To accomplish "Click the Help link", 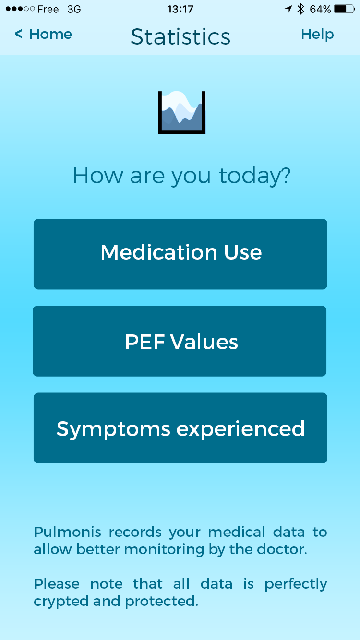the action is (x=317, y=35).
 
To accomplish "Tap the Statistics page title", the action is (x=180, y=36).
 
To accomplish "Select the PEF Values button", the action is (x=180, y=341).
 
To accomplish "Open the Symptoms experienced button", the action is (x=180, y=428).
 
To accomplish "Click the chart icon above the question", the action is (x=181, y=113).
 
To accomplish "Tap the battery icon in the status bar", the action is (x=344, y=9).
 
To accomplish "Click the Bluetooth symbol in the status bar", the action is (x=300, y=9).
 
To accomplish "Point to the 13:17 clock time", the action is (x=180, y=9).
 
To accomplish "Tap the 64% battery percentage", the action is (x=320, y=9).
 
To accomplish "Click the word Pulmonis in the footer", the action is (x=68, y=532).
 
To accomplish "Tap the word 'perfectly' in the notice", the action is (x=296, y=584).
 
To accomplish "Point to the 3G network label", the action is (x=74, y=9).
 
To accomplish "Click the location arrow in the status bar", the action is (x=288, y=9).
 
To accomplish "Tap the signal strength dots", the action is (x=20, y=9).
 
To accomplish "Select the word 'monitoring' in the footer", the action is (x=164, y=550).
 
